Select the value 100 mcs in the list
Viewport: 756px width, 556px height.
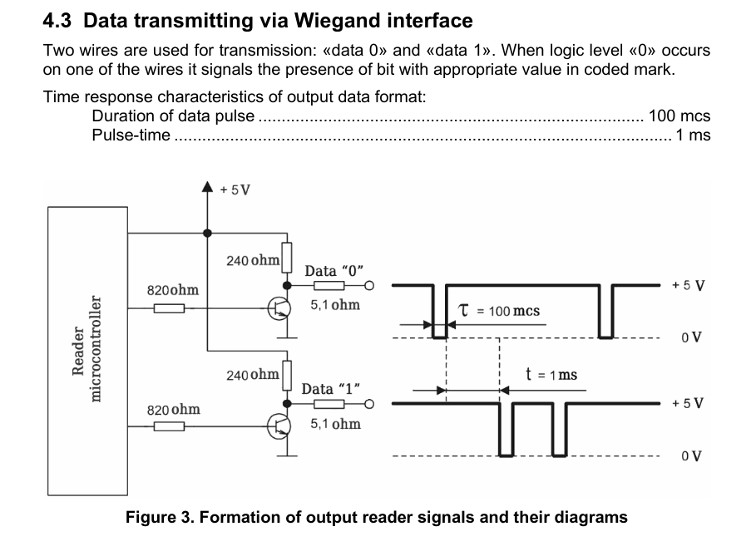coord(679,116)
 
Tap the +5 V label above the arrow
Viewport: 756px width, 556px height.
coord(235,189)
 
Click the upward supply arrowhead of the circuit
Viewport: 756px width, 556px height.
coord(207,189)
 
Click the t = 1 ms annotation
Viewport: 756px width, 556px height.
coord(551,375)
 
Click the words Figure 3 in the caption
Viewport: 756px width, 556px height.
coord(160,518)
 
